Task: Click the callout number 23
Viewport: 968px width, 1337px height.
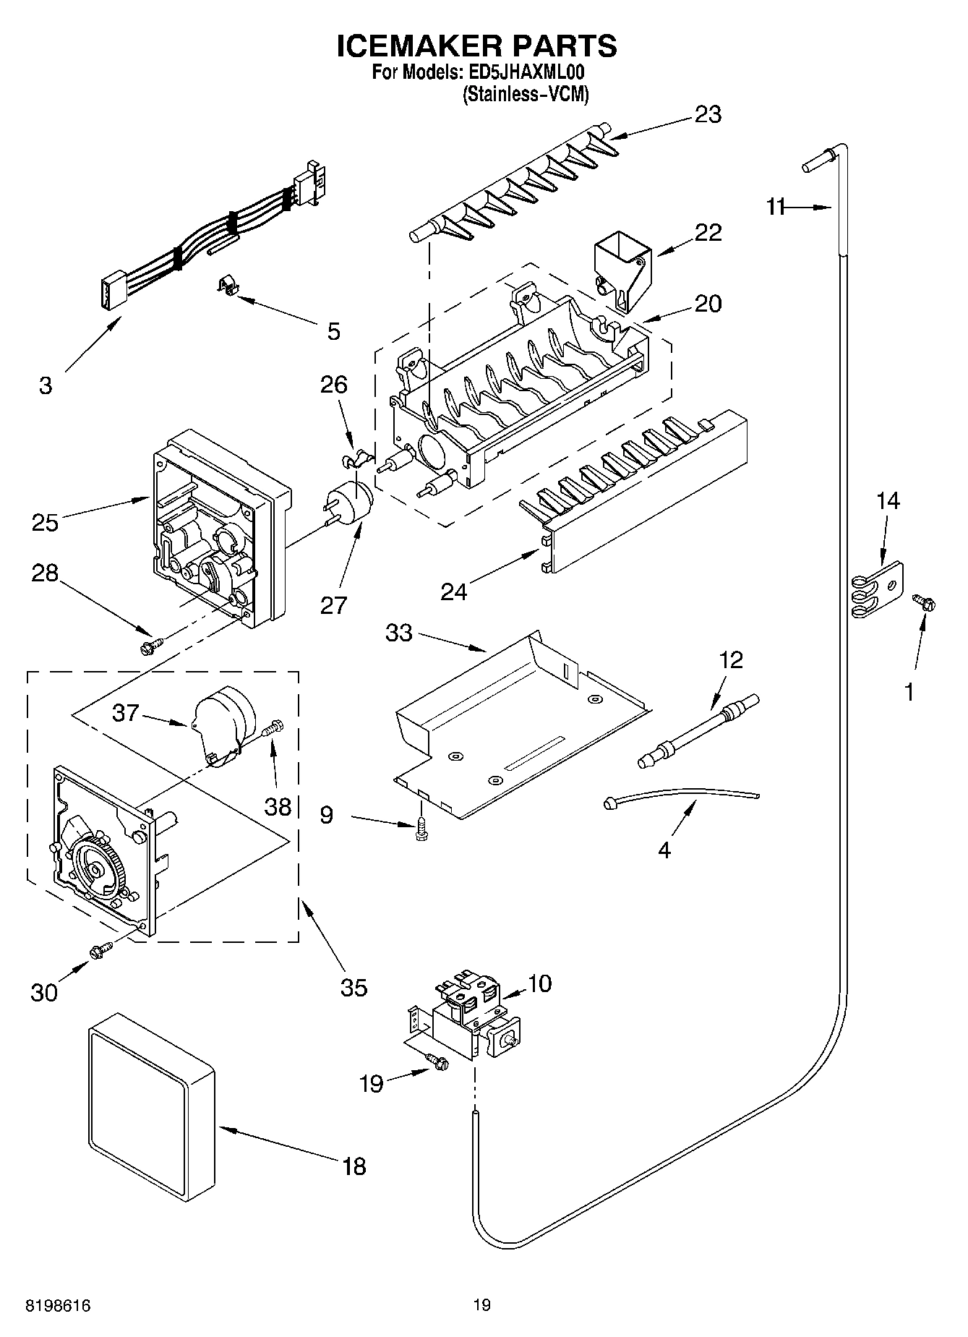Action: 708,115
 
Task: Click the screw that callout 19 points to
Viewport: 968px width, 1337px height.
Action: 437,1061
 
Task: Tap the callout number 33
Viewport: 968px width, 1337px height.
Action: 398,633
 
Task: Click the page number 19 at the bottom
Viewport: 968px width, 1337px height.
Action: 482,1305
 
